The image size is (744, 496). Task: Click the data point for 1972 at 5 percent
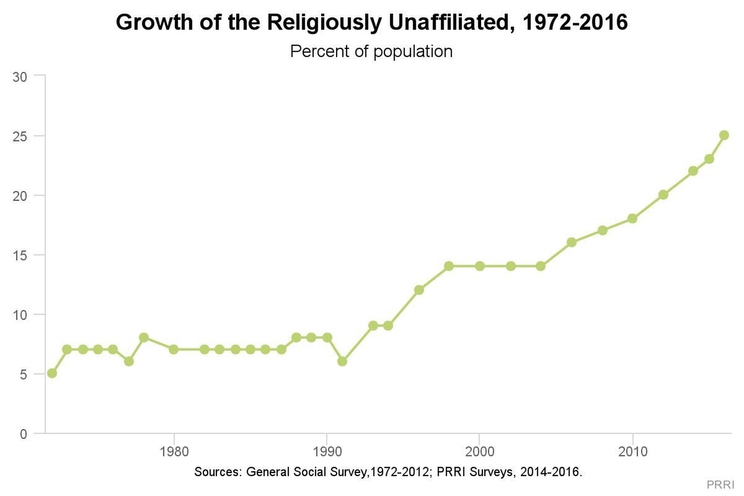pos(52,373)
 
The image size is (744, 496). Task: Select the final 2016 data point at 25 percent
pos(724,135)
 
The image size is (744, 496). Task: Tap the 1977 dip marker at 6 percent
pos(128,361)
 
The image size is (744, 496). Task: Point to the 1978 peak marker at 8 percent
pos(144,337)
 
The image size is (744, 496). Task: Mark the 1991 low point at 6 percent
pos(342,361)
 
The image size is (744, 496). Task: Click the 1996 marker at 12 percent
pos(419,290)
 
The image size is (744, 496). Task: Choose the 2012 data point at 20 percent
pos(663,195)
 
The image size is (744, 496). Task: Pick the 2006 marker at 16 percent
pos(572,242)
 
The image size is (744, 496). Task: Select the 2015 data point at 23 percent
pos(709,159)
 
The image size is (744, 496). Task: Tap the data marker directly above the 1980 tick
pos(174,349)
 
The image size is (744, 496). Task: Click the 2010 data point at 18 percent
pos(632,218)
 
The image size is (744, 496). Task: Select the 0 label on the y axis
pos(24,434)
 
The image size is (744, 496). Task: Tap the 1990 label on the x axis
pos(327,451)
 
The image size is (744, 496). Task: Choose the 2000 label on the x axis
pos(479,451)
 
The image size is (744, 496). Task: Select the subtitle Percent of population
pos(371,51)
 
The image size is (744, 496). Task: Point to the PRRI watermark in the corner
pos(720,484)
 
